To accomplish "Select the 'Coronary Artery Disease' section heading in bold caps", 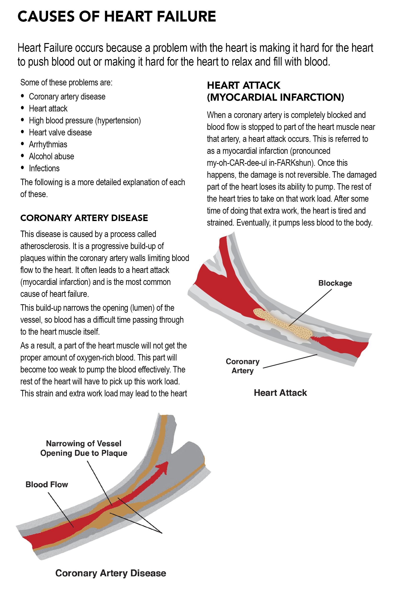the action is (x=84, y=218).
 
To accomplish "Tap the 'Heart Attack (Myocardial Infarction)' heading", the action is (x=275, y=91).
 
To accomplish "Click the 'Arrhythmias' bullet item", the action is (x=48, y=144).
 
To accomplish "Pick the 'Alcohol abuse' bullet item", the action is (x=51, y=156).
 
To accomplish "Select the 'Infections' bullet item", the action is (x=44, y=168).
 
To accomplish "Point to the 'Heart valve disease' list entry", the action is (x=60, y=133).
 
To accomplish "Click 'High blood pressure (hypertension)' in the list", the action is (x=85, y=121).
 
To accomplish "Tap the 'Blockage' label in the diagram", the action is (x=335, y=283).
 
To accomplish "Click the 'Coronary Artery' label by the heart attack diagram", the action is (x=243, y=366).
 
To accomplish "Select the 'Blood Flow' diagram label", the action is (x=47, y=484).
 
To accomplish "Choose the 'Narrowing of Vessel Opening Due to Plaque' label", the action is (x=83, y=448).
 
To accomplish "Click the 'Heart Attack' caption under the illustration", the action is (x=280, y=393).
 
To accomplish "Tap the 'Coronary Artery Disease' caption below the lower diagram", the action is (x=111, y=573).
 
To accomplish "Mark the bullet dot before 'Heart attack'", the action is (x=22, y=108).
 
